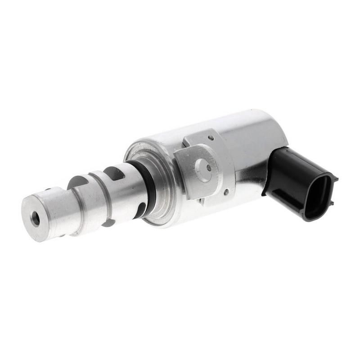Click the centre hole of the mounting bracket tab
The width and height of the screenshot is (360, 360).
point(208,167)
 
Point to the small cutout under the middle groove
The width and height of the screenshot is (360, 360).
point(108,222)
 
